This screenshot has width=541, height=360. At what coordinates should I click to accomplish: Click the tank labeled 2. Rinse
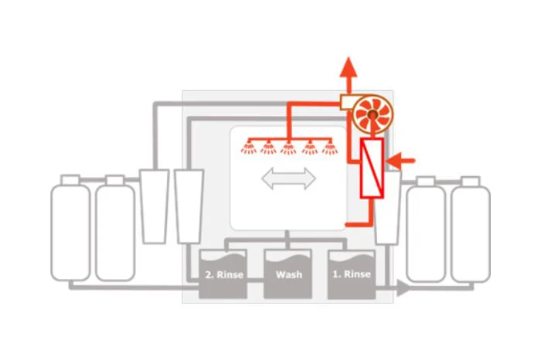pos(223,274)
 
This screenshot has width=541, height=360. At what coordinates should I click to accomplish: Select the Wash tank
pos(288,274)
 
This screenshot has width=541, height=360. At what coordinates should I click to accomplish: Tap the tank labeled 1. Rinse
pos(352,274)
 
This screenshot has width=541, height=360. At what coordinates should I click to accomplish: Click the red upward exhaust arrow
pos(349,75)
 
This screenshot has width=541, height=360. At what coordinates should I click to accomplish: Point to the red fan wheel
pos(373,114)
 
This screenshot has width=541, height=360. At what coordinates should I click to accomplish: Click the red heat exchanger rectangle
pos(372,168)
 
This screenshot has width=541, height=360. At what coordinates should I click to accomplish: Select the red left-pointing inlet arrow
pos(400,161)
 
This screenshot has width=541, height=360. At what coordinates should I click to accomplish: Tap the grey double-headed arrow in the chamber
pos(289,178)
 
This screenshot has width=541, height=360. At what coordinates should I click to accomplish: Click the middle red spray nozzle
pos(288,148)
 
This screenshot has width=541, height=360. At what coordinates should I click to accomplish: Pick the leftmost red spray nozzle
pos(249,148)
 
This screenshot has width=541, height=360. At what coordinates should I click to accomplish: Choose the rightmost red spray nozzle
pos(330,148)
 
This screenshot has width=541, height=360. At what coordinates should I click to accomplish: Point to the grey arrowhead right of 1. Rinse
pos(403,287)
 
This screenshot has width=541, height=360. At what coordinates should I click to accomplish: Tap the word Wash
pos(289,274)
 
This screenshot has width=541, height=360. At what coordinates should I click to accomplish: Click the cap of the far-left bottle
pos(70,180)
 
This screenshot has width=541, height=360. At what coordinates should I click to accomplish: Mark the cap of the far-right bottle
pos(471,182)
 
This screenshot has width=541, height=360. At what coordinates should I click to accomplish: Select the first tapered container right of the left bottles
pos(155,206)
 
